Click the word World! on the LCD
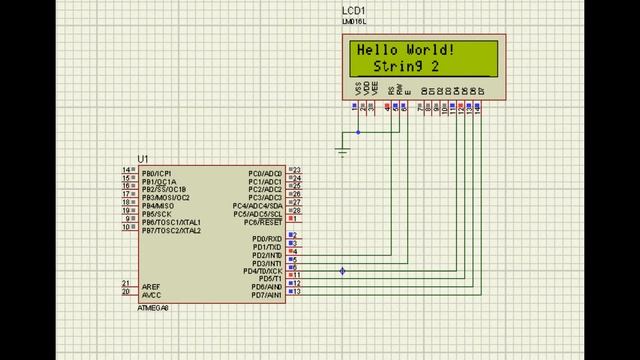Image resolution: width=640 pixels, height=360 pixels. (431, 50)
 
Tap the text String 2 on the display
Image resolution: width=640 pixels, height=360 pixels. (406, 66)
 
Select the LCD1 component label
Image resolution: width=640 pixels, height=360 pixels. (353, 10)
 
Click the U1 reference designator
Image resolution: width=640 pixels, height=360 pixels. (143, 160)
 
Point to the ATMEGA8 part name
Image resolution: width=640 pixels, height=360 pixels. (153, 308)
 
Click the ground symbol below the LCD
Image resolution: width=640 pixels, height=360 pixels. (343, 151)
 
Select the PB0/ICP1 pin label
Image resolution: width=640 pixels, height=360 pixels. (157, 172)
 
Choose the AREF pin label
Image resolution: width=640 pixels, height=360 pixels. (151, 286)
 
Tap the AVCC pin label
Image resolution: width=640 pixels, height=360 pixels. (151, 295)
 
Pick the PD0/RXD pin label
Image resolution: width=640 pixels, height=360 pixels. (267, 239)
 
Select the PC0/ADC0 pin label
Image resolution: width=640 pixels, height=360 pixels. (266, 172)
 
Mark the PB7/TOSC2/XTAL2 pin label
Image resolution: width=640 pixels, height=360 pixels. (171, 230)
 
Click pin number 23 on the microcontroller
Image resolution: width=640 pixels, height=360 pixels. (297, 171)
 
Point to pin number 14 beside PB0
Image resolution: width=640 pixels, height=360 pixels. (126, 171)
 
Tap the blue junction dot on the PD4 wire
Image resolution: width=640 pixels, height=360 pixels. (342, 271)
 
